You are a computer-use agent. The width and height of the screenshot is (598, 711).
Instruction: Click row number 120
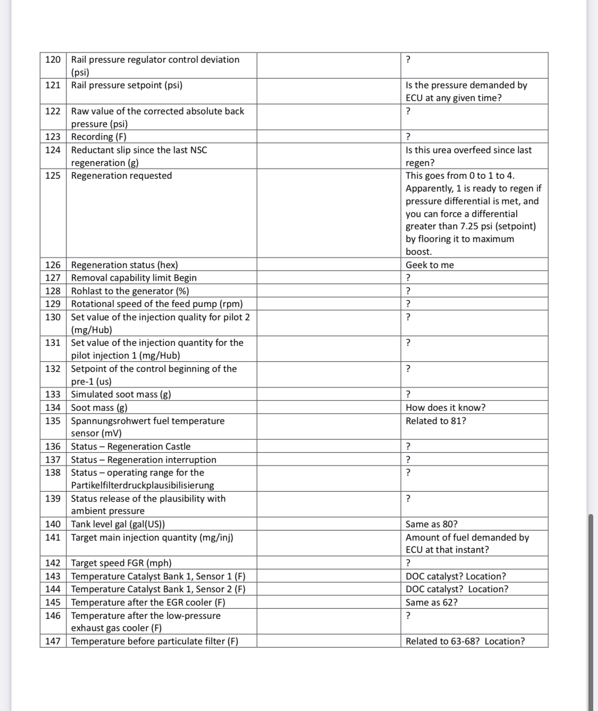click(53, 60)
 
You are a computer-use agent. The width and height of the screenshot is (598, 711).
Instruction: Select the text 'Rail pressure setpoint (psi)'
click(127, 85)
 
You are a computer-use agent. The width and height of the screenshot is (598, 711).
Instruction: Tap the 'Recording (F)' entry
click(99, 137)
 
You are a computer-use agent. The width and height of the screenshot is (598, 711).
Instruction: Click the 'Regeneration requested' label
click(122, 176)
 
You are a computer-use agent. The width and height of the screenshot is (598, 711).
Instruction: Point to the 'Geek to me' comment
click(429, 265)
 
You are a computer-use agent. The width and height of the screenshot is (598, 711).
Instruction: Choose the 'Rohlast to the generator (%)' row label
click(130, 291)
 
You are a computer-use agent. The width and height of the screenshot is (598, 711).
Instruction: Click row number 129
click(53, 304)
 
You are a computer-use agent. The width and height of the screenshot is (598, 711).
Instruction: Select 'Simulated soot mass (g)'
click(121, 394)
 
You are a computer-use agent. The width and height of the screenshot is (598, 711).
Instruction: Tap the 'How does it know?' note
click(445, 408)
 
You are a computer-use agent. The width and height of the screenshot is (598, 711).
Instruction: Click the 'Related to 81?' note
click(436, 421)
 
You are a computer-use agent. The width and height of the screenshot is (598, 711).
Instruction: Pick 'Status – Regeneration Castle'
click(131, 447)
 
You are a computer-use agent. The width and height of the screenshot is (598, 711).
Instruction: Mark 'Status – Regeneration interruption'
click(144, 460)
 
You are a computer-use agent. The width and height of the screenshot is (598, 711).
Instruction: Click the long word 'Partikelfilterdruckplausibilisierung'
click(142, 485)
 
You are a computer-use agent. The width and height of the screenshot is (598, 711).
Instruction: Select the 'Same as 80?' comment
click(432, 524)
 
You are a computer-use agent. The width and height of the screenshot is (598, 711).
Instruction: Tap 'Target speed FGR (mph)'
click(121, 563)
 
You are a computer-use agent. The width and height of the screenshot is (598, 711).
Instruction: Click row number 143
click(53, 576)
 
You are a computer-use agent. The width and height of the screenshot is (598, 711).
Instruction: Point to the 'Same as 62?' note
click(432, 602)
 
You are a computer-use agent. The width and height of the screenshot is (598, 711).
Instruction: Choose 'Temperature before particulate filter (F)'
click(155, 641)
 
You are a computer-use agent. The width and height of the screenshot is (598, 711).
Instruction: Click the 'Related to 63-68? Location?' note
click(465, 641)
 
